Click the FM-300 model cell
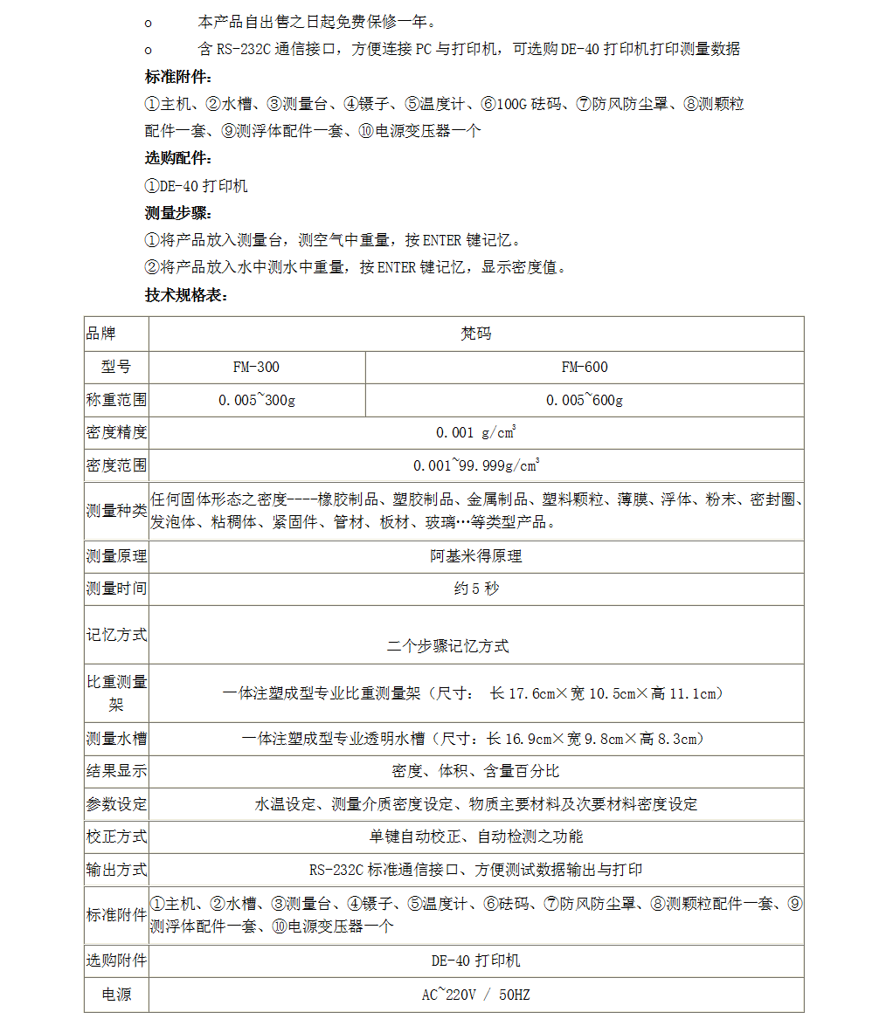coord(256,367)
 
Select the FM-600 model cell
coord(584,367)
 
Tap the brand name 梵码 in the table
coord(475,334)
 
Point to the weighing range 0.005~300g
coord(256,400)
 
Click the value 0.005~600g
coord(584,400)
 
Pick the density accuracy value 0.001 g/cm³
coord(475,432)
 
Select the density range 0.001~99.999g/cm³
coord(475,465)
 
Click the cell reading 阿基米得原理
coord(475,556)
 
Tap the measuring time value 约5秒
coord(475,589)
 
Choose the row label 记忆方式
coord(116,635)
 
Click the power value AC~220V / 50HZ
coord(475,995)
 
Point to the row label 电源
coord(116,995)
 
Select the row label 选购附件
coord(116,961)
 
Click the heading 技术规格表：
coord(186,295)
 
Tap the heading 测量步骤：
coord(178,213)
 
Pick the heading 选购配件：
coord(178,159)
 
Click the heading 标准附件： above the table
coord(178,76)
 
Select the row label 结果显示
coord(116,771)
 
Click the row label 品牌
coord(100,334)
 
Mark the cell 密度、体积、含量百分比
coord(475,771)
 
